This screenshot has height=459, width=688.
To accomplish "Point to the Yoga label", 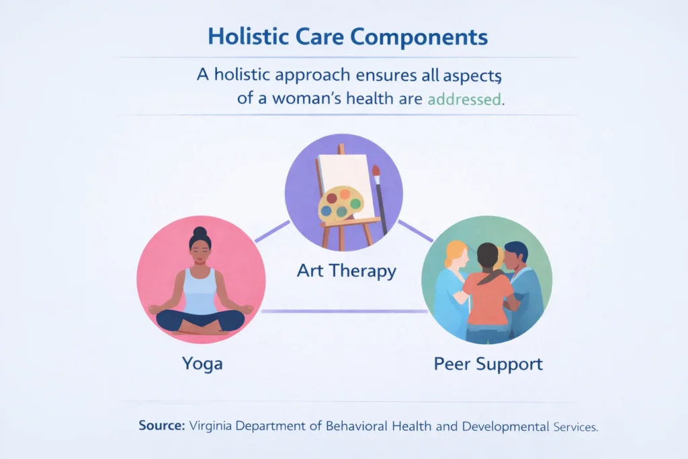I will point(202,364).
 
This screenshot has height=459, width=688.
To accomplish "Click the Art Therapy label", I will point(346,272).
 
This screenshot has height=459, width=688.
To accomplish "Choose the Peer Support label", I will point(488,364).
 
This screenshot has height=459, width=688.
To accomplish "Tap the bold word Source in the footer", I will point(162,425).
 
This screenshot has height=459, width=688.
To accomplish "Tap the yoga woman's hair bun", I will point(200,233).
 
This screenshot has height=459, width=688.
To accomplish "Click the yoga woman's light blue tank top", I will point(200,291).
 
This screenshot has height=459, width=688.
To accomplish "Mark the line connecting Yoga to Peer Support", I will point(344,311).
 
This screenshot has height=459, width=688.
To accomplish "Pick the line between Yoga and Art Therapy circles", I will point(272,231).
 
